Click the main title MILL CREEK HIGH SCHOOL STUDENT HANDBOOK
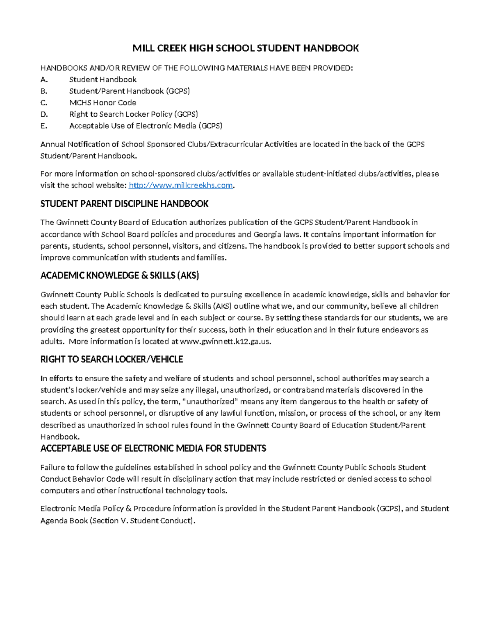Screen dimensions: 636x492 tap(245, 48)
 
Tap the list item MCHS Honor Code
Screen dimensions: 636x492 tap(102, 103)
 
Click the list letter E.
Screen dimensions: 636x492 tap(44, 126)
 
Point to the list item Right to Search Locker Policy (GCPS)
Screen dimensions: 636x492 tap(133, 114)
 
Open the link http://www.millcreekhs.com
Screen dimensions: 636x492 tap(181, 186)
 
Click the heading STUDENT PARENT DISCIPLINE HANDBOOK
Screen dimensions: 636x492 tap(124, 204)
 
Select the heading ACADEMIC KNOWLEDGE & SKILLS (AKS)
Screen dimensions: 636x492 tap(119, 276)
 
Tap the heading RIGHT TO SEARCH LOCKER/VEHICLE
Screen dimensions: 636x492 tap(112, 360)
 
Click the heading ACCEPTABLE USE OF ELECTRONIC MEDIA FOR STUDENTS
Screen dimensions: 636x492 tap(153, 448)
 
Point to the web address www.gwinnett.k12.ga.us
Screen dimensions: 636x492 tap(225, 342)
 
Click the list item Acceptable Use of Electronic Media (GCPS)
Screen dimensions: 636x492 tap(146, 126)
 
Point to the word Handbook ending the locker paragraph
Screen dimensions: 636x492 tap(59, 437)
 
